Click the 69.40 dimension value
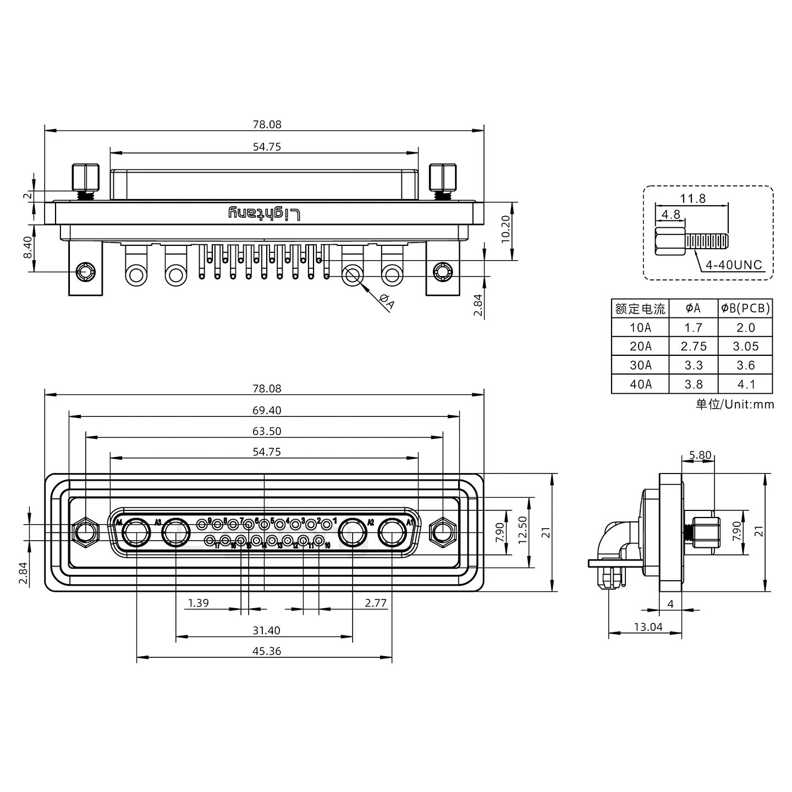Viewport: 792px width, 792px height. tap(267, 410)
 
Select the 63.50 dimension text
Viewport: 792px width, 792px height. tap(267, 431)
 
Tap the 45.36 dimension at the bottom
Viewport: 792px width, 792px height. tap(267, 651)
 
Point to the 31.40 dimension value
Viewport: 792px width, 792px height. tap(267, 630)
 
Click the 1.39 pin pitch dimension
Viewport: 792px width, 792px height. tap(198, 603)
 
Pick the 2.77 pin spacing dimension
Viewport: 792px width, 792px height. tap(376, 603)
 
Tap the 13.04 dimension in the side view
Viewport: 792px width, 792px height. tap(648, 626)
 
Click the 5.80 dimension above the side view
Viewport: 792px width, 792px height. tap(700, 455)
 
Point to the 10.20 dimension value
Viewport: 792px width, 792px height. tap(506, 230)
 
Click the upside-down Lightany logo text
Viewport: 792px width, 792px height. tap(265, 213)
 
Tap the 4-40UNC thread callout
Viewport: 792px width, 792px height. tap(734, 265)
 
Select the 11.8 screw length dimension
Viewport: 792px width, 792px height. tap(693, 199)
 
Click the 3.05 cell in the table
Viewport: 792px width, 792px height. tap(745, 346)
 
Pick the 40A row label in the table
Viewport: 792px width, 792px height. tap(640, 384)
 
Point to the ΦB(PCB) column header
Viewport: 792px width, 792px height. tap(745, 309)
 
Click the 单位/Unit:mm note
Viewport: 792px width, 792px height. tap(734, 405)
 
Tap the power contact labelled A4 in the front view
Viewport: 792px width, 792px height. tap(136, 533)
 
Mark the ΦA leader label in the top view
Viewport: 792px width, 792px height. tap(387, 302)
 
